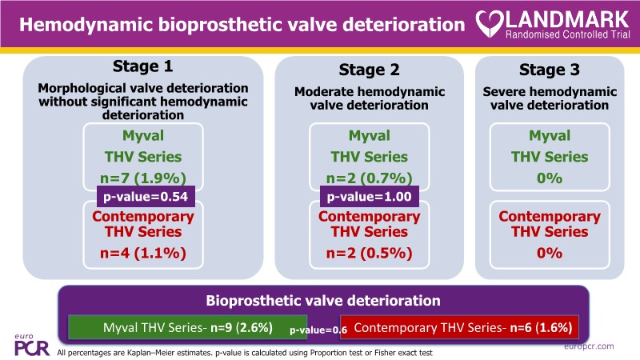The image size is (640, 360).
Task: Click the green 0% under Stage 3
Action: point(549,177)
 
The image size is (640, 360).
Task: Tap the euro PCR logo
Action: point(31,342)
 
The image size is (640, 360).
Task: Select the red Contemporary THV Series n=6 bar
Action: point(462,328)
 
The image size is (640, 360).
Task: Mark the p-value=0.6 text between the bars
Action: point(318,330)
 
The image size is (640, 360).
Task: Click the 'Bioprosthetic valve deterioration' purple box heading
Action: point(319,302)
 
